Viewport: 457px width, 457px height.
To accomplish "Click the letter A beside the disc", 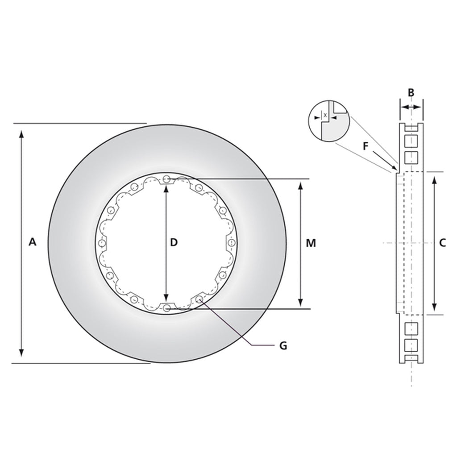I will pos(32,242).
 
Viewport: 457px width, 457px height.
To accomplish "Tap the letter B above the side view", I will pos(411,93).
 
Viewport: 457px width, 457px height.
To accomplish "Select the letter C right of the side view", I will pos(442,243).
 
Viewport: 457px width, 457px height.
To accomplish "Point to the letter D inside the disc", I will pos(174,242).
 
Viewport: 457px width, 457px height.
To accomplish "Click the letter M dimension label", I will pos(311,243).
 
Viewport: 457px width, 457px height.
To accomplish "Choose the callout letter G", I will pos(283,345).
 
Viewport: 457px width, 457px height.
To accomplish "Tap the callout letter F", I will pos(366,145).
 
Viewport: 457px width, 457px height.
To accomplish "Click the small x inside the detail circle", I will pos(325,115).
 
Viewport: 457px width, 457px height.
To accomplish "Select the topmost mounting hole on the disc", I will pos(166,179).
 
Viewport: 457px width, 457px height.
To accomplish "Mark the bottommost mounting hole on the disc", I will pos(166,307).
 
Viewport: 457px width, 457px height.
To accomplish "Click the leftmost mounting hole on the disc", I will pos(102,243).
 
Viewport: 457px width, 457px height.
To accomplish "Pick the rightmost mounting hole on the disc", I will pos(231,243).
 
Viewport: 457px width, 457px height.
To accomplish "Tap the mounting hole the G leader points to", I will pos(199,299).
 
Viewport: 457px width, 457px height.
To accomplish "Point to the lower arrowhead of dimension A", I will pos(21,356).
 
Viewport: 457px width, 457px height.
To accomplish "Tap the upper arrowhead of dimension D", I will pos(166,188).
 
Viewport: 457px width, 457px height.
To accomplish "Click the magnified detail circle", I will pos(329,120).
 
